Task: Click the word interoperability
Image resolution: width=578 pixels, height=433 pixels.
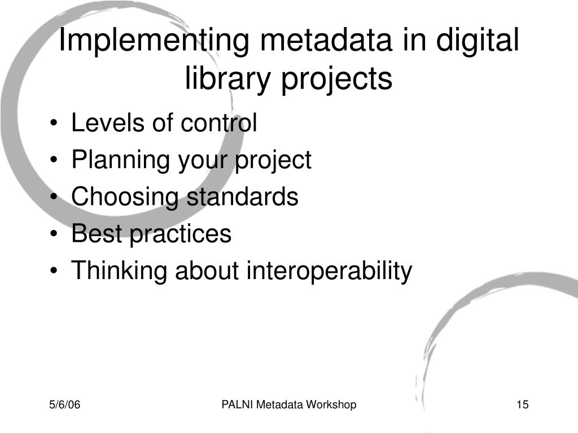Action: [x=329, y=271]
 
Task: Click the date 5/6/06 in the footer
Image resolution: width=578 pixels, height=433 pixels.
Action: [x=65, y=405]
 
